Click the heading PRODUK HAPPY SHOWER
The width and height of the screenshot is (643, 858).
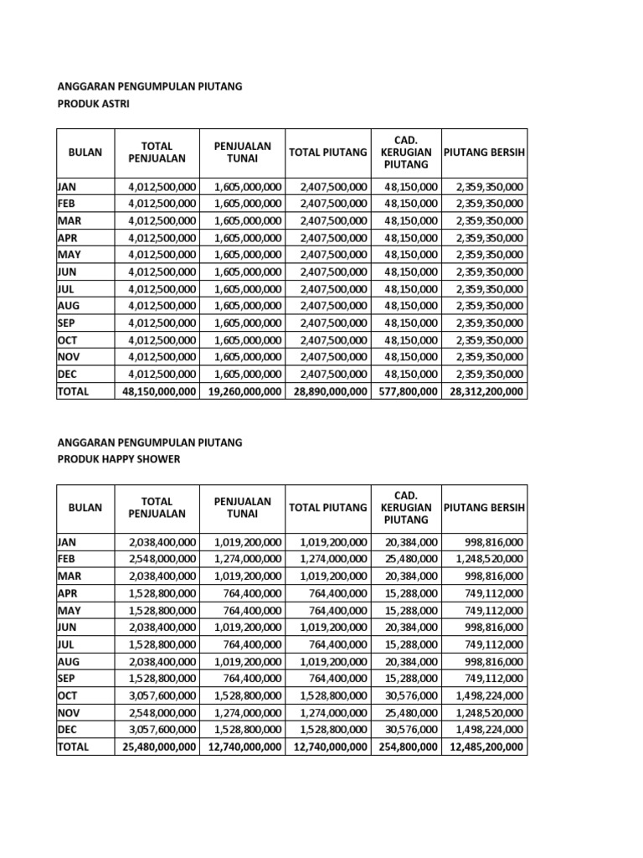118,460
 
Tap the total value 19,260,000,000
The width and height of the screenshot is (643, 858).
243,391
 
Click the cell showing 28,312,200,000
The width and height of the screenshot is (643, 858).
485,391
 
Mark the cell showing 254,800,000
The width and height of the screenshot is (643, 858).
407,747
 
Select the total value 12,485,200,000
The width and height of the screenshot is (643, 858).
485,747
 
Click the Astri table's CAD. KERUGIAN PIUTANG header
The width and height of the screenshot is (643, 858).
405,152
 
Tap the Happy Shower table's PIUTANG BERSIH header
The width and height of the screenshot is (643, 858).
484,508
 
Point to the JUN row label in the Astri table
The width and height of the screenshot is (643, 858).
66,271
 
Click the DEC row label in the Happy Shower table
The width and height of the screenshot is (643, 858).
66,730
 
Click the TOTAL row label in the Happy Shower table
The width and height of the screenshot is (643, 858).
72,747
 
